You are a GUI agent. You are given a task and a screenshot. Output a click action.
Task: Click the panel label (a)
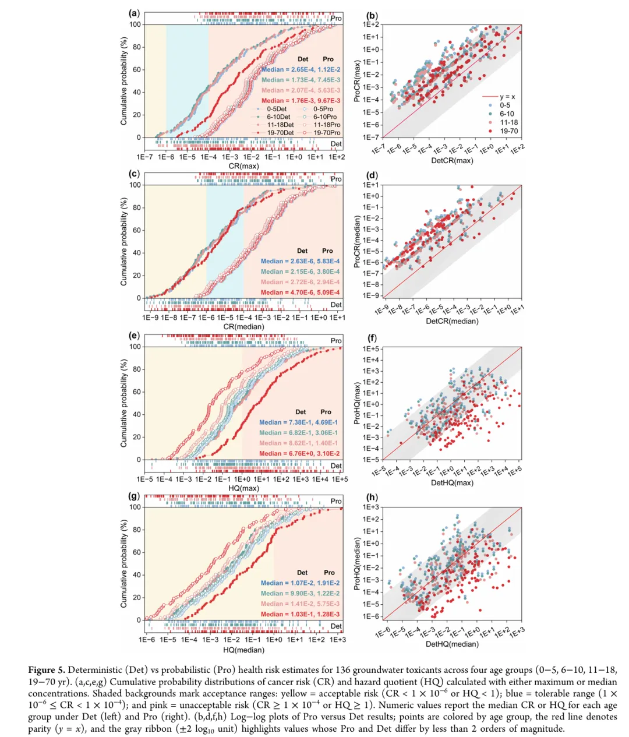pyautogui.click(x=134, y=13)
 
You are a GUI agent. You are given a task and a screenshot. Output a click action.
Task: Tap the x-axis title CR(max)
pyautogui.click(x=243, y=166)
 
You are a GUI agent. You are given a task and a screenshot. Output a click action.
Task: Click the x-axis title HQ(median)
pyautogui.click(x=243, y=650)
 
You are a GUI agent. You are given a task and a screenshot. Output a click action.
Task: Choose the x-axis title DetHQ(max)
pyautogui.click(x=452, y=482)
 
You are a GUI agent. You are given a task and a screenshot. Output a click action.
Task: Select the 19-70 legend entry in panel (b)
pyautogui.click(x=508, y=131)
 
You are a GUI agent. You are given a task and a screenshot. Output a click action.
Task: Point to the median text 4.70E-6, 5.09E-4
pyautogui.click(x=301, y=292)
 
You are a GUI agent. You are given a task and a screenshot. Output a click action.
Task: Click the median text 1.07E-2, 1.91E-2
pyautogui.click(x=301, y=583)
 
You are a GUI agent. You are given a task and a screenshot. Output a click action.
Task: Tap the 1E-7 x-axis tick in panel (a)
pyautogui.click(x=144, y=157)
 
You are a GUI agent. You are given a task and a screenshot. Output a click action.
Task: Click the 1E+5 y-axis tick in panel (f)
pyautogui.click(x=371, y=349)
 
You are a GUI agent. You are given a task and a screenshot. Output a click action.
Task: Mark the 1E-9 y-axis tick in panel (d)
pyautogui.click(x=372, y=295)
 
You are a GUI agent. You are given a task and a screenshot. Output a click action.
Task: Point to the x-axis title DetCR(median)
pyautogui.click(x=452, y=321)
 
